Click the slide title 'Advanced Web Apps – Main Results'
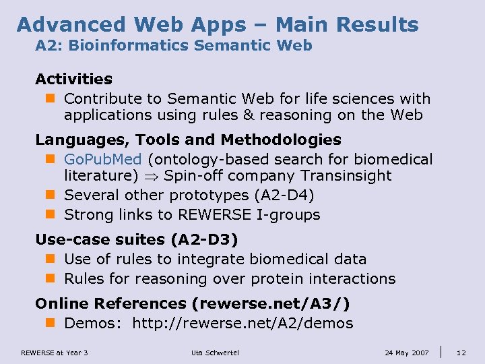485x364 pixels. pyautogui.click(x=218, y=25)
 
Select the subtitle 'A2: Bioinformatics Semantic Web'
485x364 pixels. pyautogui.click(x=174, y=46)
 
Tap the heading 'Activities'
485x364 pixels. pyautogui.click(x=73, y=80)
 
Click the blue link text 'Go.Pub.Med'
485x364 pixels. pyautogui.click(x=103, y=160)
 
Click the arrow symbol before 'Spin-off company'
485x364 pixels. pyautogui.click(x=153, y=177)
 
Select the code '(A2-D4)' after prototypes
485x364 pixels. pyautogui.click(x=284, y=195)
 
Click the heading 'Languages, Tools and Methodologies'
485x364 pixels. pyautogui.click(x=188, y=140)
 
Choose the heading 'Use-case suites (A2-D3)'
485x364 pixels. pyautogui.click(x=137, y=239)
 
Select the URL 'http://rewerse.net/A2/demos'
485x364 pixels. pyautogui.click(x=243, y=324)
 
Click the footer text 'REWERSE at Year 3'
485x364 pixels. pyautogui.click(x=55, y=353)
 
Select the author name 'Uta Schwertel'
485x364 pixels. pyautogui.click(x=216, y=353)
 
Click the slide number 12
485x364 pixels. pyautogui.click(x=461, y=353)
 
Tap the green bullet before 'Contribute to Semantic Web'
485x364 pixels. pyautogui.click(x=49, y=99)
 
